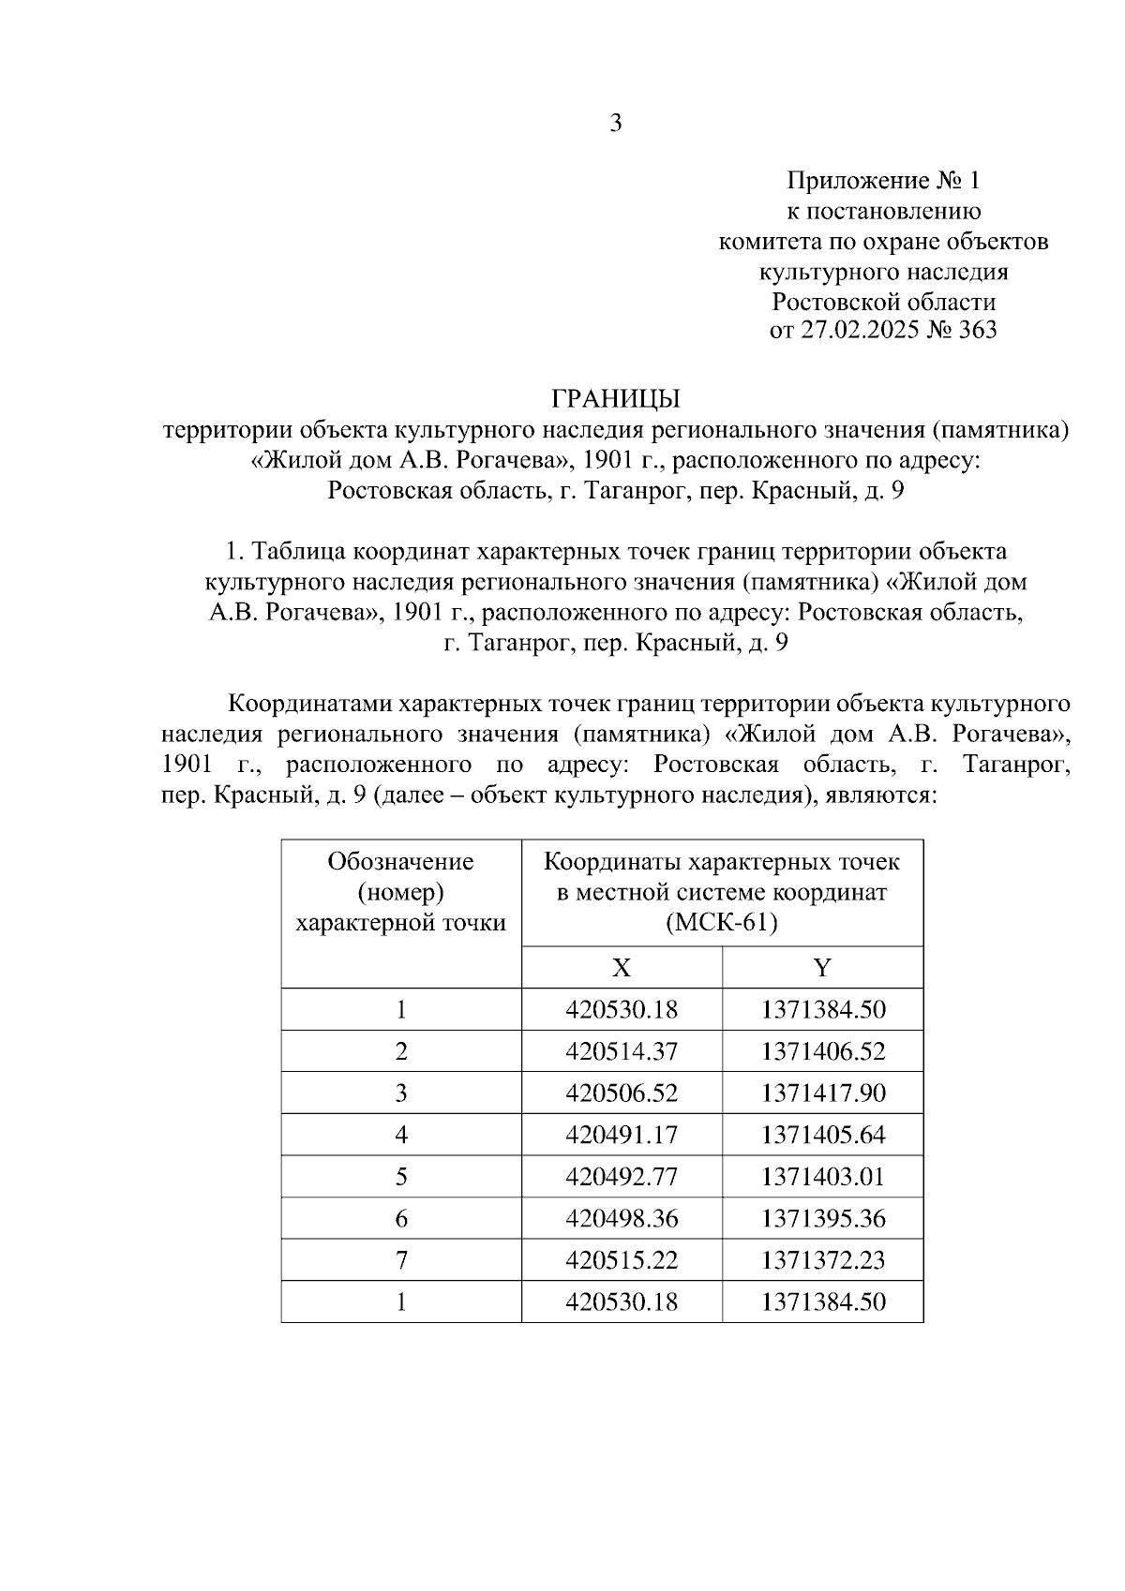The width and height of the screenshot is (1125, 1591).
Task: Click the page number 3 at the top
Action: click(616, 123)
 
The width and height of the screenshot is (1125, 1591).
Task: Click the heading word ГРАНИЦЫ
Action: click(616, 399)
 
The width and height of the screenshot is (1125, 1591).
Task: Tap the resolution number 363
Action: click(976, 331)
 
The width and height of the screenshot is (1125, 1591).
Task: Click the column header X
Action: click(622, 968)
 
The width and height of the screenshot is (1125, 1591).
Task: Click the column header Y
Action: click(822, 968)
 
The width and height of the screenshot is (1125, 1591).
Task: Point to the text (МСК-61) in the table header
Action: click(722, 923)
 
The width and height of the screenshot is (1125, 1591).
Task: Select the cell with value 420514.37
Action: click(622, 1051)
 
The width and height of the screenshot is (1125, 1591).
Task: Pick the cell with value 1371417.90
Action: click(823, 1093)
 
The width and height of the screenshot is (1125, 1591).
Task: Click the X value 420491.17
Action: click(622, 1135)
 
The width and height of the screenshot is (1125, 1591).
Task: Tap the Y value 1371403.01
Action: click(823, 1177)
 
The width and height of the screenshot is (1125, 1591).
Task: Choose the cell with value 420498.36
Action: click(622, 1218)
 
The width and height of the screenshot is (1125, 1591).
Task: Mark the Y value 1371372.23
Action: click(823, 1260)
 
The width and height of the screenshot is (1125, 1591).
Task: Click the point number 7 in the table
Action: click(401, 1260)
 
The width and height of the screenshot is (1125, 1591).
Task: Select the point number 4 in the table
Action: click(401, 1135)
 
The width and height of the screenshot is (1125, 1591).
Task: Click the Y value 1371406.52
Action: click(823, 1051)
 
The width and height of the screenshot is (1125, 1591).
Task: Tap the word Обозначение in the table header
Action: click(401, 861)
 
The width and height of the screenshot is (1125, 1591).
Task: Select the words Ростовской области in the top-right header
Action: click(883, 302)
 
